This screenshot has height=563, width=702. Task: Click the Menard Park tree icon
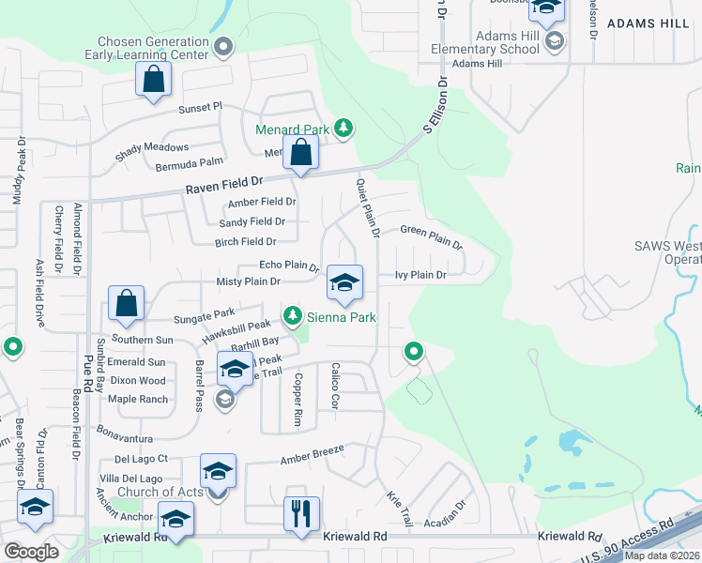click(343, 128)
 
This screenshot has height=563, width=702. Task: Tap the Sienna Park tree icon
click(294, 316)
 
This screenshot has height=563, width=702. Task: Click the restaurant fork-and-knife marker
click(301, 514)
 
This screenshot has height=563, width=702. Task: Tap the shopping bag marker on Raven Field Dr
click(300, 153)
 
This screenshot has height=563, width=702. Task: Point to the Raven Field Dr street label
click(224, 188)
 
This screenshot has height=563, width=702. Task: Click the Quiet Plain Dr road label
click(367, 206)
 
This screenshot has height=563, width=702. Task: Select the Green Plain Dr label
click(432, 236)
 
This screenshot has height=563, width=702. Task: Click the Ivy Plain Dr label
click(420, 276)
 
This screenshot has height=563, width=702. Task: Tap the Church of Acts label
click(159, 492)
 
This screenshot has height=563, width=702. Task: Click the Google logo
click(31, 552)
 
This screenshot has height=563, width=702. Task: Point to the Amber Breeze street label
click(313, 455)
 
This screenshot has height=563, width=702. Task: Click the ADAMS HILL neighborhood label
click(649, 23)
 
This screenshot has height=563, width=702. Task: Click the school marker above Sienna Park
click(344, 282)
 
